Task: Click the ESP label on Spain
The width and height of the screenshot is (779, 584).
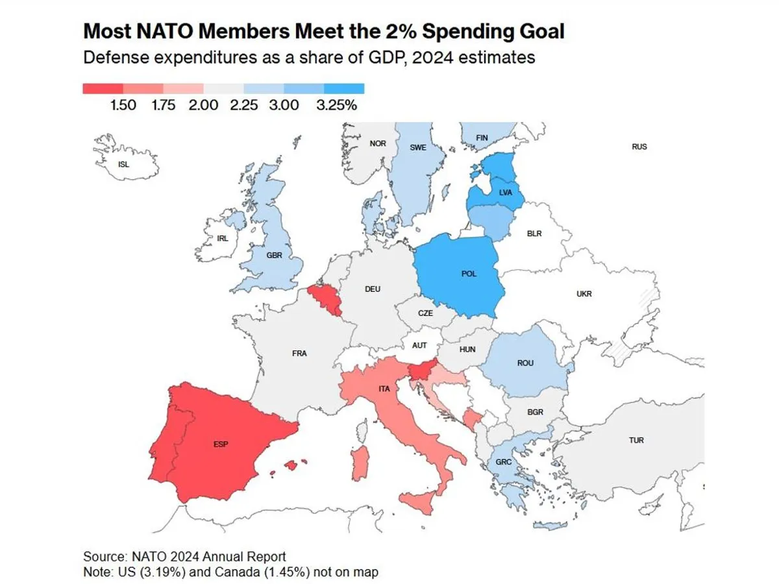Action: pos(221,445)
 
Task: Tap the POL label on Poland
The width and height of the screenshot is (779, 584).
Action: pos(469,274)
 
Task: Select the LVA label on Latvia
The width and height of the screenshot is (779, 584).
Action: pos(506,193)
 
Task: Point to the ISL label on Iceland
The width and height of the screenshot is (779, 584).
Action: pos(123,164)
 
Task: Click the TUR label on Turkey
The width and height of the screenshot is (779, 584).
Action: pos(636,441)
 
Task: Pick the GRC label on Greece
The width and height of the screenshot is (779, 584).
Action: pos(504,463)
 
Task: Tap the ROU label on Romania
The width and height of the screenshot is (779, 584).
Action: pos(525,363)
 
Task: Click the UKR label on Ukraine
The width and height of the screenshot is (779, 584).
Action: pos(584,294)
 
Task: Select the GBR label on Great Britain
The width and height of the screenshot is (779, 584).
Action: pos(275,255)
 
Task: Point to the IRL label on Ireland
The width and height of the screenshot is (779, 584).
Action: pos(223,238)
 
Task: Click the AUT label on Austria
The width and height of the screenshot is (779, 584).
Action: pos(420,345)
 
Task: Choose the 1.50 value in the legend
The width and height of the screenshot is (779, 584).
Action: pos(123,104)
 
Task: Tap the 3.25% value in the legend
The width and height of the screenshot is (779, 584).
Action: pos(336,104)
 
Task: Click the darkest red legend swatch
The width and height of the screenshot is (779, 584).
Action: pos(103,89)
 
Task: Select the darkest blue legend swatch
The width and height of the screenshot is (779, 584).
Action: pos(344,89)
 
